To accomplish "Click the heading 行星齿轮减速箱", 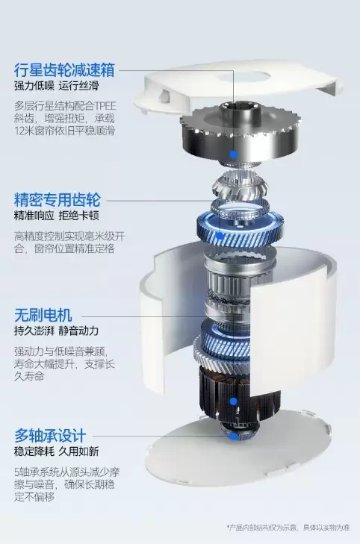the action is (x=64, y=69).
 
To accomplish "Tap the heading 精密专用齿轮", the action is (x=58, y=200).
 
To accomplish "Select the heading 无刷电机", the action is (x=43, y=315).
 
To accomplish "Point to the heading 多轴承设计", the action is (x=50, y=435).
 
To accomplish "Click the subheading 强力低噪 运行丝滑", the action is (x=56, y=86).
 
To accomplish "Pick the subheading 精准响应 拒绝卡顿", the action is (x=56, y=216).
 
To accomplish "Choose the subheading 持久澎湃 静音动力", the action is (x=56, y=331).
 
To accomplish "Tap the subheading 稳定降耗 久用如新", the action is (x=56, y=451).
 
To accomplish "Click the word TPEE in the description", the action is (x=104, y=106).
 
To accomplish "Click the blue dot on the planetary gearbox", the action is (x=234, y=154).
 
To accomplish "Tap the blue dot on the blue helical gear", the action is (x=220, y=236).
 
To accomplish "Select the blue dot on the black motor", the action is (x=233, y=401).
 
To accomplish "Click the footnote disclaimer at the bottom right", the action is (x=288, y=528).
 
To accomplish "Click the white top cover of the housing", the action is (x=240, y=87).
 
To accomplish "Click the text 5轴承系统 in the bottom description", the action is (x=37, y=472).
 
